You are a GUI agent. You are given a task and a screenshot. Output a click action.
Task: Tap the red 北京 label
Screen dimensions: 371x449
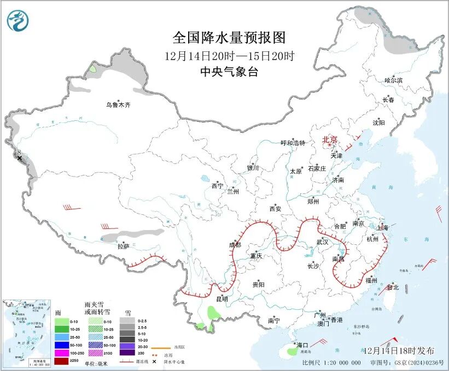[x=330, y=139]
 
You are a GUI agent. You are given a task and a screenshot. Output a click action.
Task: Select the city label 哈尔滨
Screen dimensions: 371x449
[x=393, y=80]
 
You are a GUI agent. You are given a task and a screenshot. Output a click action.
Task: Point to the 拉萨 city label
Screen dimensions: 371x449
[x=123, y=246]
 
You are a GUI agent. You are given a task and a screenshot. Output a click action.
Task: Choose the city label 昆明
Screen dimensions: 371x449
[x=222, y=298]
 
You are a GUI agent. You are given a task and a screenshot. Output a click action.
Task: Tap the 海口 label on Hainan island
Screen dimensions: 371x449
[x=302, y=345]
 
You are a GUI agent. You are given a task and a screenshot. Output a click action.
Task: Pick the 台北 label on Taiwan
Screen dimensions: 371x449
[x=393, y=287]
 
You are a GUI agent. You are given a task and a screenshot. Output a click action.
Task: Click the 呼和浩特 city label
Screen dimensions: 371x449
[x=293, y=143]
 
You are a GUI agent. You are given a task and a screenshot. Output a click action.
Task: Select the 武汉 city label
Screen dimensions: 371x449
[x=323, y=242]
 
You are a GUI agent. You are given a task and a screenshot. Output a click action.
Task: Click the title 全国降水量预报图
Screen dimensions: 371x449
[x=229, y=38]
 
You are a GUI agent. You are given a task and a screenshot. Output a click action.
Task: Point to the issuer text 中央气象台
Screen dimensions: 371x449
[x=229, y=72]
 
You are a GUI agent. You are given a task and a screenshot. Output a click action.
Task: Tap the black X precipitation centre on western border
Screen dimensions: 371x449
[x=20, y=158]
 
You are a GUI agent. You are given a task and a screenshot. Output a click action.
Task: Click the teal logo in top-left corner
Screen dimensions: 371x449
[x=18, y=21]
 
